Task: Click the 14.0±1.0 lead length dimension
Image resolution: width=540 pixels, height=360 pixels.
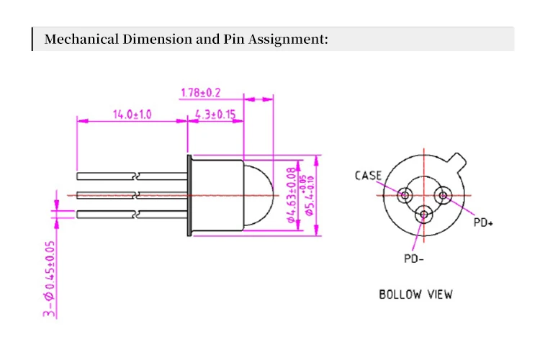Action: coord(132,114)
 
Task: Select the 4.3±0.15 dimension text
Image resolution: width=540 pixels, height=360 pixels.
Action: coord(215,114)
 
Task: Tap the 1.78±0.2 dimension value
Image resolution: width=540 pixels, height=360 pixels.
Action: coord(200,92)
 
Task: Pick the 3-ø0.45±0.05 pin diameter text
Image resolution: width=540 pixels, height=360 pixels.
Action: coord(49,277)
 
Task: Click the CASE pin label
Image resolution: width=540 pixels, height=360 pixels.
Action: coord(368,176)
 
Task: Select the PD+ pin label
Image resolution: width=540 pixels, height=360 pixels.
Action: coord(482,222)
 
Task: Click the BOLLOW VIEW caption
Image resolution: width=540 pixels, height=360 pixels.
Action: coord(415,294)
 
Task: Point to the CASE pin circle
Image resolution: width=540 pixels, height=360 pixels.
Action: coord(405,194)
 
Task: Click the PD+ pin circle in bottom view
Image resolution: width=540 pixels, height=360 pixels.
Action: coord(441,194)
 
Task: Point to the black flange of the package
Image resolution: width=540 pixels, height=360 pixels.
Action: coord(189,194)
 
